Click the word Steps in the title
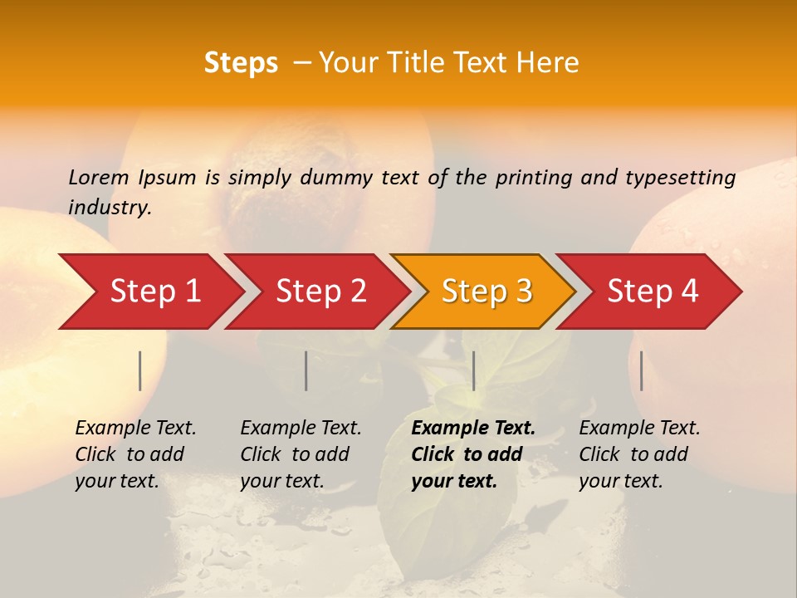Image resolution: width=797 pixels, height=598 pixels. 241,63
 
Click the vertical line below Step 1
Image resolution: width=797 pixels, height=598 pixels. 140,370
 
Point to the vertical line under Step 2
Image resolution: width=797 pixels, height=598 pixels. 306,370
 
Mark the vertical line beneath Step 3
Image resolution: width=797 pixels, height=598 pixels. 473,370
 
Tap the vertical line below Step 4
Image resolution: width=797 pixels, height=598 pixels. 641,370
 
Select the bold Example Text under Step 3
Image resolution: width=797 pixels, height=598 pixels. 473,454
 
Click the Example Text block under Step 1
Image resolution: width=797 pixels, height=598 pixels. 135,454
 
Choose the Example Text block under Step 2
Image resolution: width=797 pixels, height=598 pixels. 301,454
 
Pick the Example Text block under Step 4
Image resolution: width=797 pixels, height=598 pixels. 639,454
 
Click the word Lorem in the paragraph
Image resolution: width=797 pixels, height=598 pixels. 99,177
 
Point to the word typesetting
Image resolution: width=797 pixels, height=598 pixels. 680,178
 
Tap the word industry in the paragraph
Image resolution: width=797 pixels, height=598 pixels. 109,207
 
